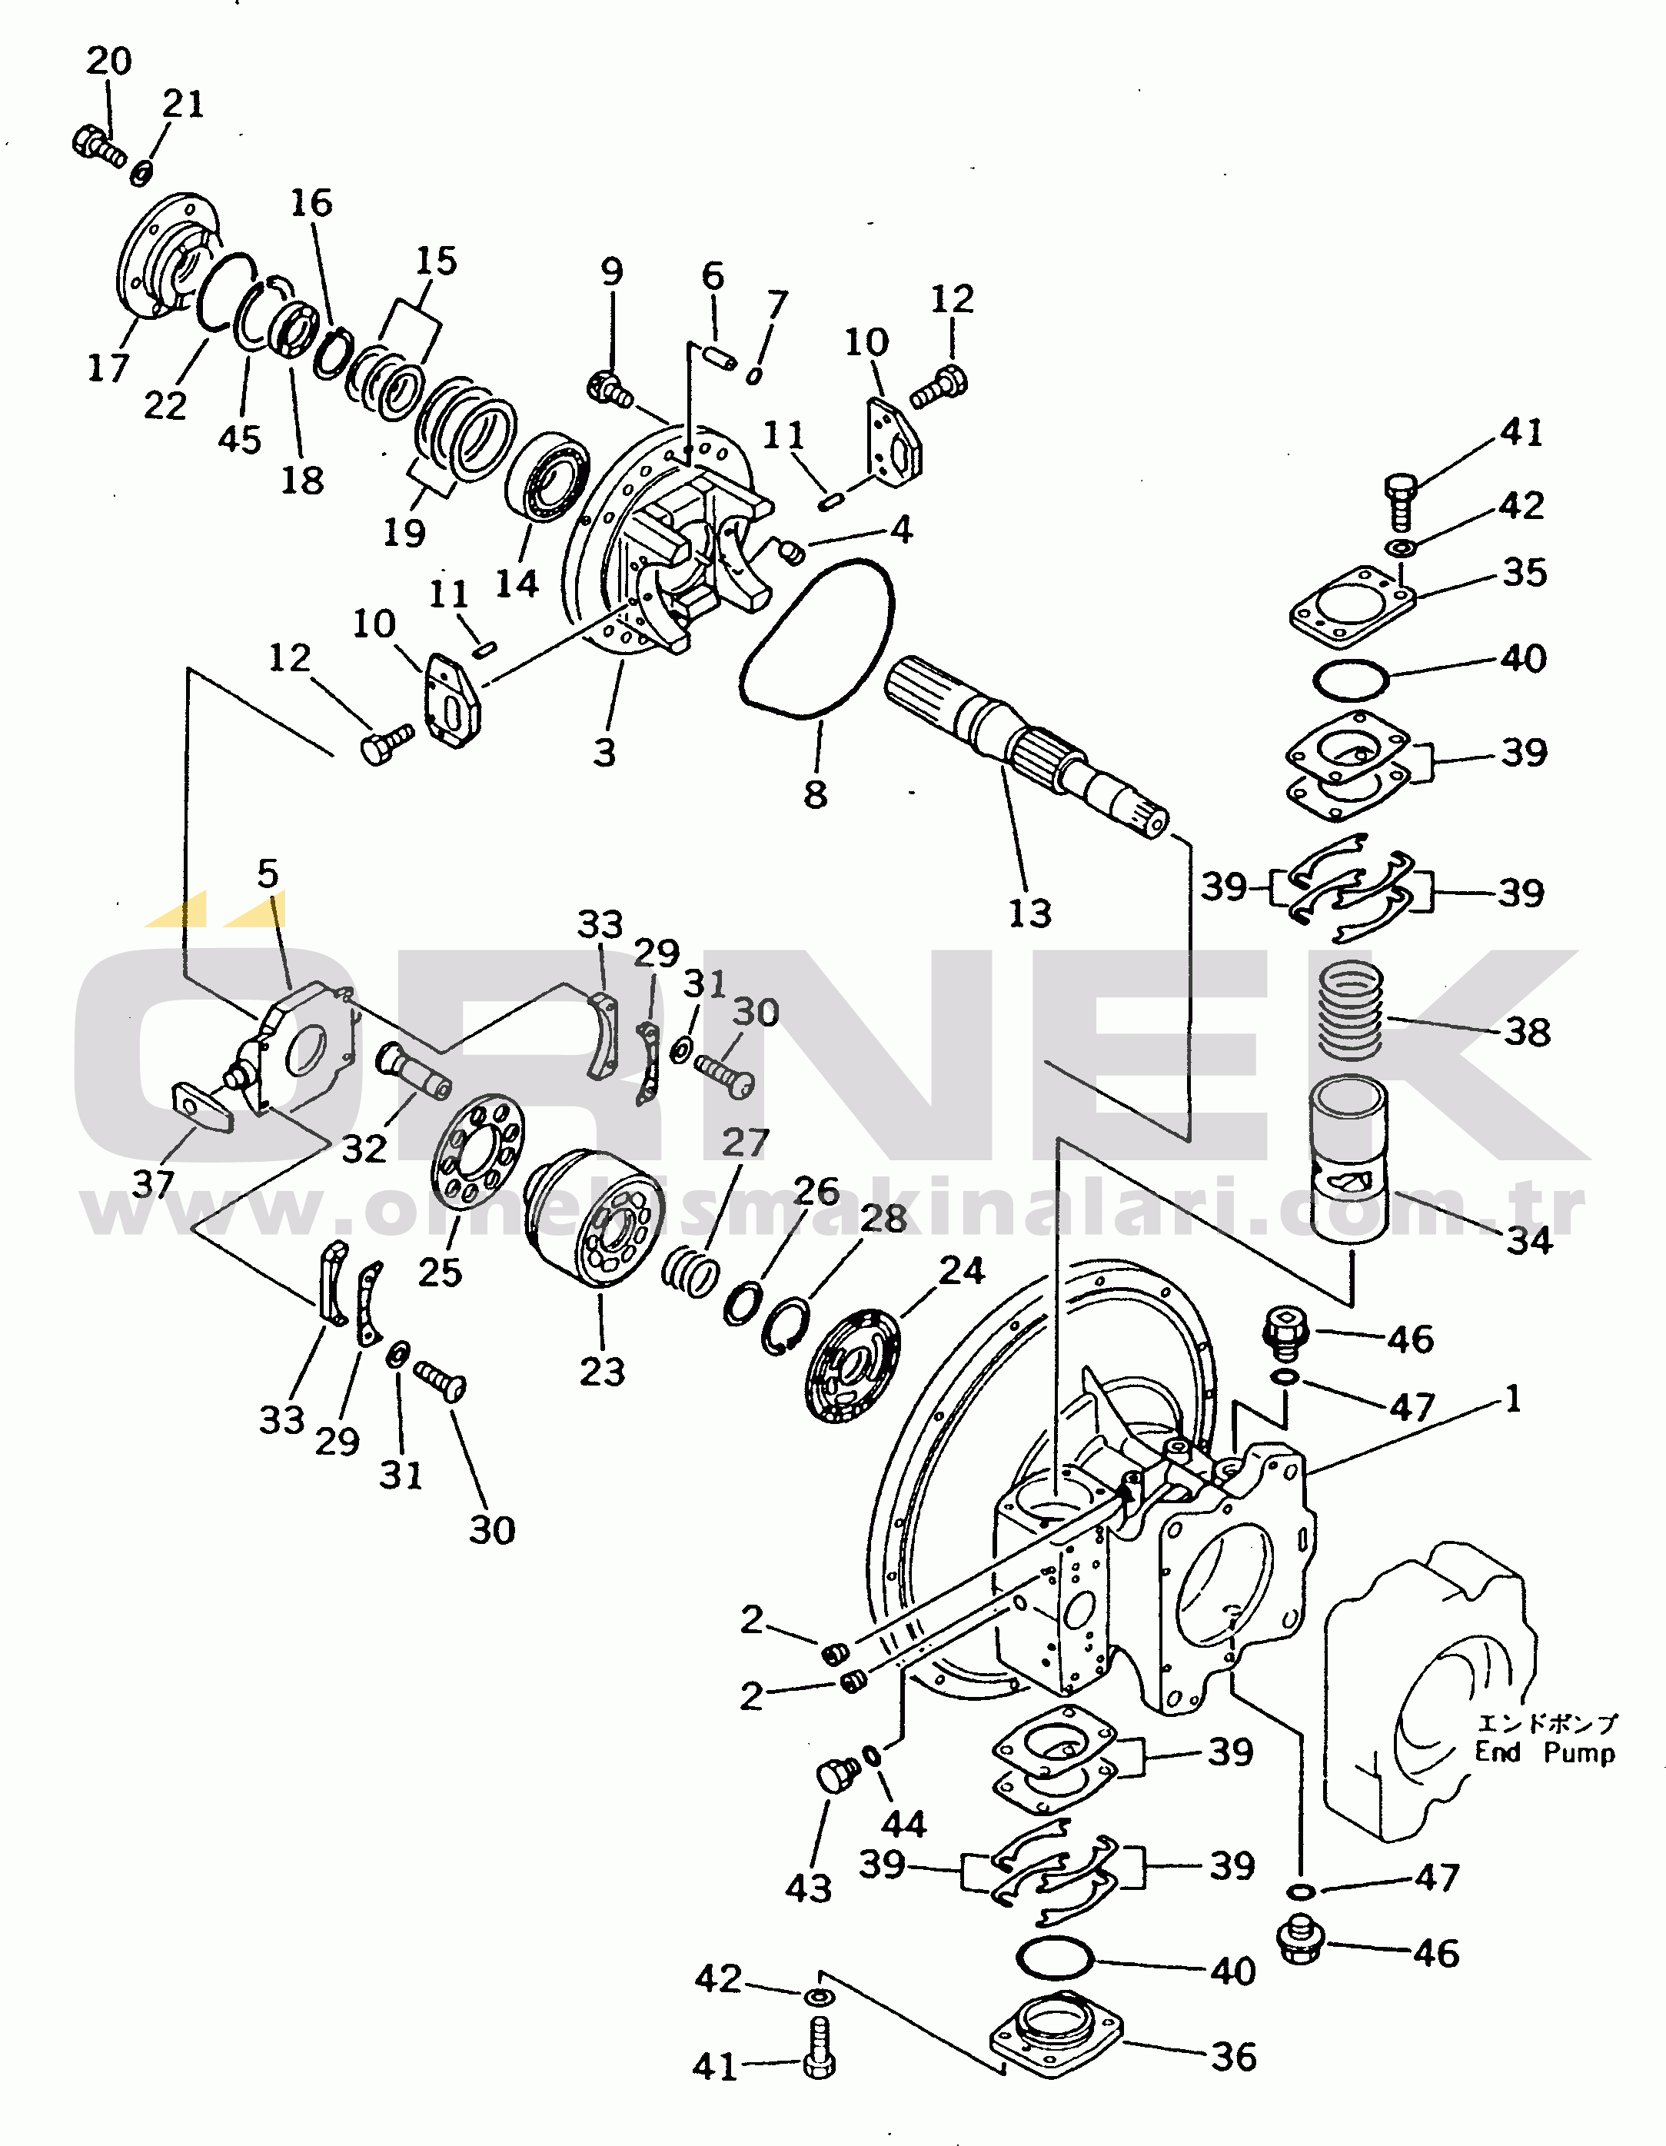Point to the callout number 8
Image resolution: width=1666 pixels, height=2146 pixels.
pos(816,794)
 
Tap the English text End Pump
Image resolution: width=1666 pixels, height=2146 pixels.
pos(1545,1752)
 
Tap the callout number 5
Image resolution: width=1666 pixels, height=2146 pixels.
pos(268,873)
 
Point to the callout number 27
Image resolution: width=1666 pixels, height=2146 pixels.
pos(745,1143)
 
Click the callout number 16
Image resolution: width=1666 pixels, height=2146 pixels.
pos(311,204)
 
